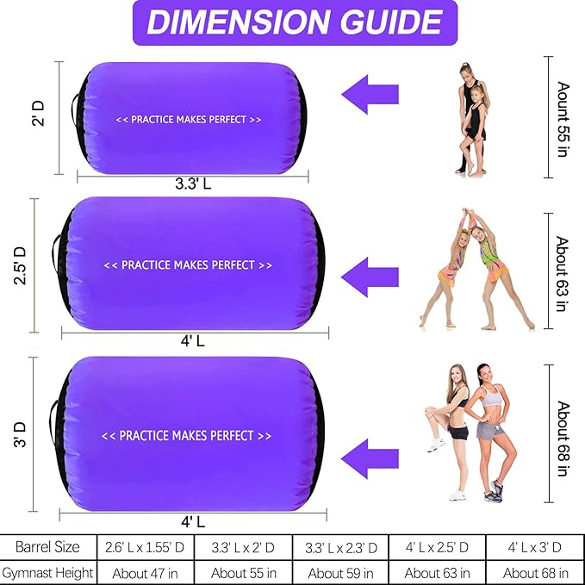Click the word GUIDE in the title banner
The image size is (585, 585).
[x=390, y=22]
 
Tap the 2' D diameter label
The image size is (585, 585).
[x=38, y=114]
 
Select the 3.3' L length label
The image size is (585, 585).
[x=193, y=184]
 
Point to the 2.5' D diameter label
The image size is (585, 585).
[x=20, y=265]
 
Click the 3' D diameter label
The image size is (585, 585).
[x=20, y=434]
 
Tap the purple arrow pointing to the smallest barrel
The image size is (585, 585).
[x=370, y=95]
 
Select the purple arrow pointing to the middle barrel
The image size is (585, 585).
[x=370, y=277]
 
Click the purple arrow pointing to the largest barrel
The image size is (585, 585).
[x=370, y=459]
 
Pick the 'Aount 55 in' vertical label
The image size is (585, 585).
[x=563, y=120]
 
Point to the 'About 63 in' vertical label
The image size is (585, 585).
[x=563, y=273]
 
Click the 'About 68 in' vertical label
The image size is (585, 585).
[x=563, y=439]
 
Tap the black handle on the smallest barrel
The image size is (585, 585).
[x=75, y=110]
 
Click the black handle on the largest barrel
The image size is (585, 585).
[x=53, y=422]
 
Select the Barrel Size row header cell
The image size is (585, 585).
[x=48, y=547]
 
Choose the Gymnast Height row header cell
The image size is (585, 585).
[x=48, y=572]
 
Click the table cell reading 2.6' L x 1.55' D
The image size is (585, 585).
[x=145, y=547]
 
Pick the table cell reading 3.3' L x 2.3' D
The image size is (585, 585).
[x=341, y=547]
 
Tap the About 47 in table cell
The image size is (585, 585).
[x=145, y=572]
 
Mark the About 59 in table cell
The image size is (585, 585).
[x=341, y=572]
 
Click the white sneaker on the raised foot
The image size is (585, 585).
[x=436, y=445]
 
